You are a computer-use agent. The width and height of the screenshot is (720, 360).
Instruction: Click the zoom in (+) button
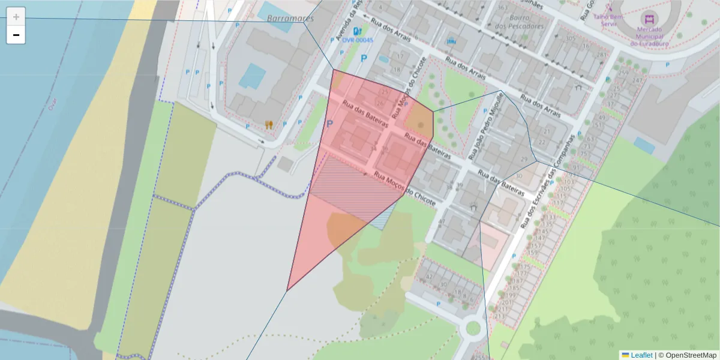[16, 17]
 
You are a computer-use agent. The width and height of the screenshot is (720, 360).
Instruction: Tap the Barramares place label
[290, 19]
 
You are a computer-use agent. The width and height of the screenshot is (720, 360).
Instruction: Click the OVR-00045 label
[358, 41]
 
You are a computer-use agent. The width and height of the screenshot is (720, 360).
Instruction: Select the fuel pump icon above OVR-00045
[358, 31]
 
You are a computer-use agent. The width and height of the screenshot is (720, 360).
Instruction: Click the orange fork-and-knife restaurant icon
[269, 125]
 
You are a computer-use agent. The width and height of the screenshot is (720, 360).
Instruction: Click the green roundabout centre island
[473, 328]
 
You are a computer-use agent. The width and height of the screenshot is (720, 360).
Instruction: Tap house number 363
[503, 8]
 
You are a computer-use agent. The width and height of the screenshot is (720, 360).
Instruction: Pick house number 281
[601, 55]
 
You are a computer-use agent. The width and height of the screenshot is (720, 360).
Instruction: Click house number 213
[500, 316]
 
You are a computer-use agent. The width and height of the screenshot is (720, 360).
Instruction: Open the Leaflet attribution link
[641, 355]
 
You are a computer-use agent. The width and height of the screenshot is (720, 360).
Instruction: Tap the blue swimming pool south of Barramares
[252, 76]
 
